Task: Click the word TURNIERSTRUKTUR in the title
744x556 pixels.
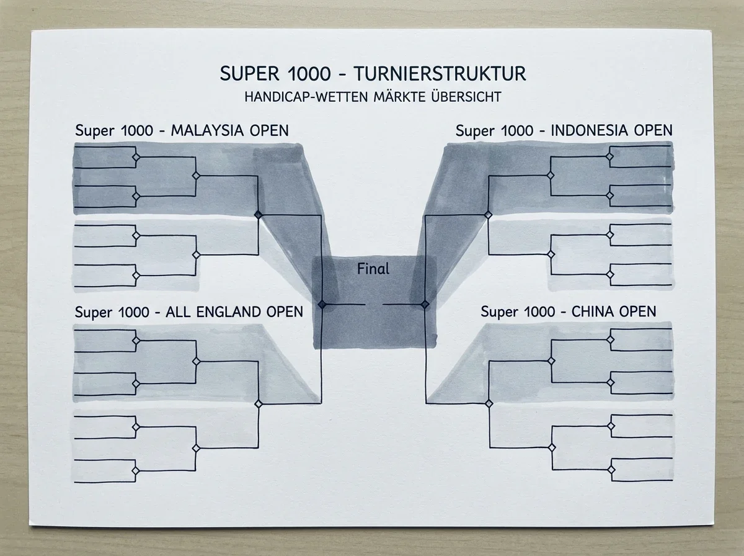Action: tap(440, 74)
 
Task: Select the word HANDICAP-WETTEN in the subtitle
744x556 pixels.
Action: tap(306, 97)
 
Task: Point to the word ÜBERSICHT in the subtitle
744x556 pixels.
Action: tap(466, 97)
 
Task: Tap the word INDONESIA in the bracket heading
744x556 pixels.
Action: tap(590, 130)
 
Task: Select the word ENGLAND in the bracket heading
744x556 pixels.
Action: tap(229, 312)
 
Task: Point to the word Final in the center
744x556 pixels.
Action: tap(373, 269)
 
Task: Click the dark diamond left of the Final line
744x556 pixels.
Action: tap(322, 304)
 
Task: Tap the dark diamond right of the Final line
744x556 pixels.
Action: tap(425, 304)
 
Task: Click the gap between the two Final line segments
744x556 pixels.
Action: tap(374, 304)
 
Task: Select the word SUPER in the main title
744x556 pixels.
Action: tap(249, 74)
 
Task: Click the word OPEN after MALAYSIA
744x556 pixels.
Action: tap(269, 130)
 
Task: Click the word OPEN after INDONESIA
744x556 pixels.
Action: tap(653, 130)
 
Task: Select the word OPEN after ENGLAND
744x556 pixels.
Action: tap(285, 312)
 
